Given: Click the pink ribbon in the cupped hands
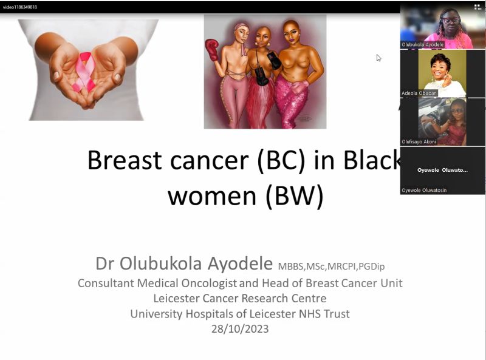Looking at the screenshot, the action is [x=84, y=72].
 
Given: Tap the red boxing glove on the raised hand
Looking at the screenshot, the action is [x=211, y=50].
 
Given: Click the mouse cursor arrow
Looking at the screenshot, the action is [x=378, y=58].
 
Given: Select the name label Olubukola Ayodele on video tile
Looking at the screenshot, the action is [x=422, y=44].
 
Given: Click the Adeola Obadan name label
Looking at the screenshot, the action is [x=419, y=93].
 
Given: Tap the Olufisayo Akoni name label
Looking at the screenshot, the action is [x=419, y=141].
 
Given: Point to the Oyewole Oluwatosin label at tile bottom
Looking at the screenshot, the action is [x=424, y=190].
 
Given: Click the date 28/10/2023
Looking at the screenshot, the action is [x=240, y=328].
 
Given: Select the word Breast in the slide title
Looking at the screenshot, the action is [x=125, y=160].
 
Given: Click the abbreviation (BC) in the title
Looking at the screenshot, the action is [x=281, y=160].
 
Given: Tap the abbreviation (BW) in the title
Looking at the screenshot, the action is [x=295, y=196].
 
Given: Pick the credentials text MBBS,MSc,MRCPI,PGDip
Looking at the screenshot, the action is [x=331, y=267].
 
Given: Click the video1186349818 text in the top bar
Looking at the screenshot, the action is [x=20, y=7].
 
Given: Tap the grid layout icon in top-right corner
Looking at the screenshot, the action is [x=477, y=7].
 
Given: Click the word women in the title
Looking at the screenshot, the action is [x=212, y=196].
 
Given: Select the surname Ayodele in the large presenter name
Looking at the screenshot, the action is [x=240, y=264].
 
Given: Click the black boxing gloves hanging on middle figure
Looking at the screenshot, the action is [x=267, y=69].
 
